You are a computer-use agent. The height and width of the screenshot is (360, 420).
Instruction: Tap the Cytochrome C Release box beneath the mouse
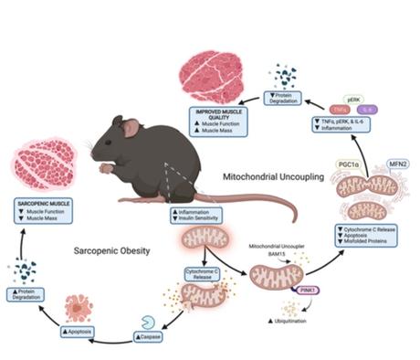coord(203,274)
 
